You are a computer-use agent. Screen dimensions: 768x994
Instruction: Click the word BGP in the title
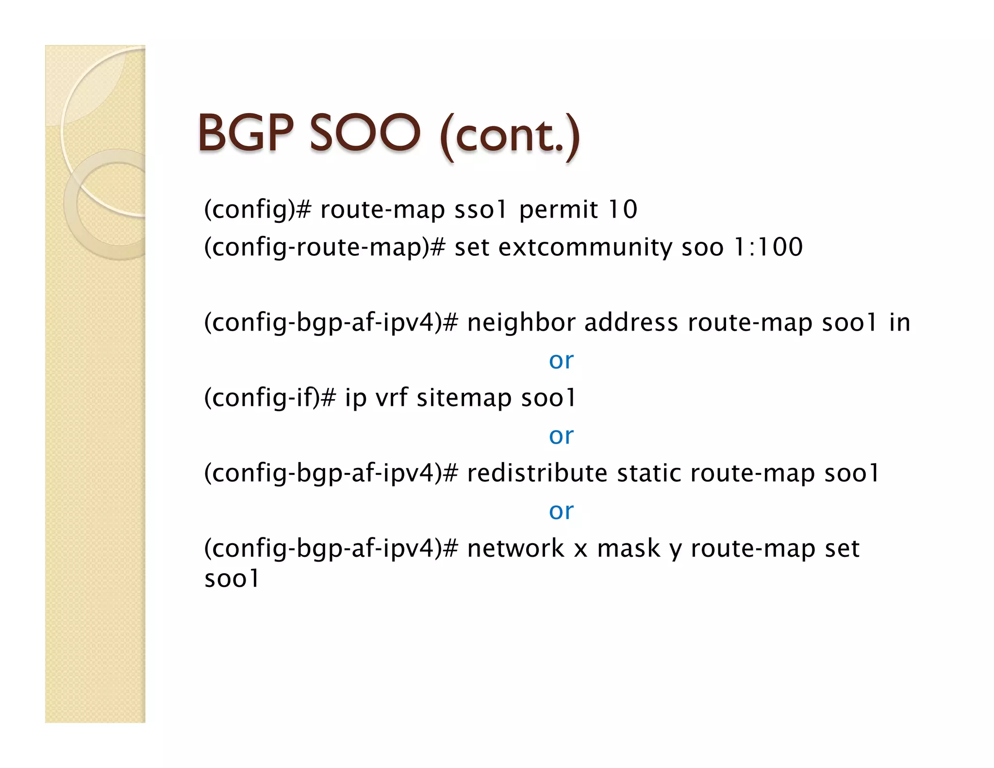246,133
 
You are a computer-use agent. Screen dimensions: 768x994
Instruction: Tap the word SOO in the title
364,133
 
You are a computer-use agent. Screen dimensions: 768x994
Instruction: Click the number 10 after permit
623,210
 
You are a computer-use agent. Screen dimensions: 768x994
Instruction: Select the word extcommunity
585,248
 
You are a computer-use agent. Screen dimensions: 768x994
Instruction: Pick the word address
631,323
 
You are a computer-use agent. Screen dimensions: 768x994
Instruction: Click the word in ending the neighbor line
899,323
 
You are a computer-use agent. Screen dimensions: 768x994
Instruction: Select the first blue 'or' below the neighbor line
561,361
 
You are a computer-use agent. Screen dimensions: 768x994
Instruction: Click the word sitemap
464,399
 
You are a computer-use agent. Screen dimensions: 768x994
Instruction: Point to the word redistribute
537,473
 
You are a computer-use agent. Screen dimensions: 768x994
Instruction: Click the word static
648,473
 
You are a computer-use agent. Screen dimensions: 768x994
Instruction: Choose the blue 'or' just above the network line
561,511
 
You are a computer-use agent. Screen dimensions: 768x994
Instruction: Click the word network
515,549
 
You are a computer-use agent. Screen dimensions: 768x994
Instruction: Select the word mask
628,549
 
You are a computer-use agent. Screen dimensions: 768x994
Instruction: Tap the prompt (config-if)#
270,399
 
